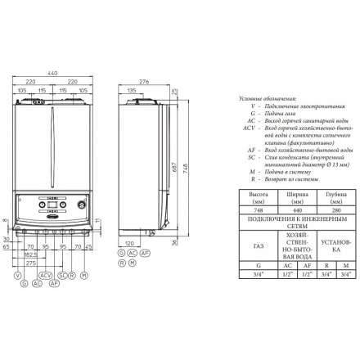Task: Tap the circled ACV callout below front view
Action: (46, 276)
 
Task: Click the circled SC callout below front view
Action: (62, 276)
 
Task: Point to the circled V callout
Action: (17, 276)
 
